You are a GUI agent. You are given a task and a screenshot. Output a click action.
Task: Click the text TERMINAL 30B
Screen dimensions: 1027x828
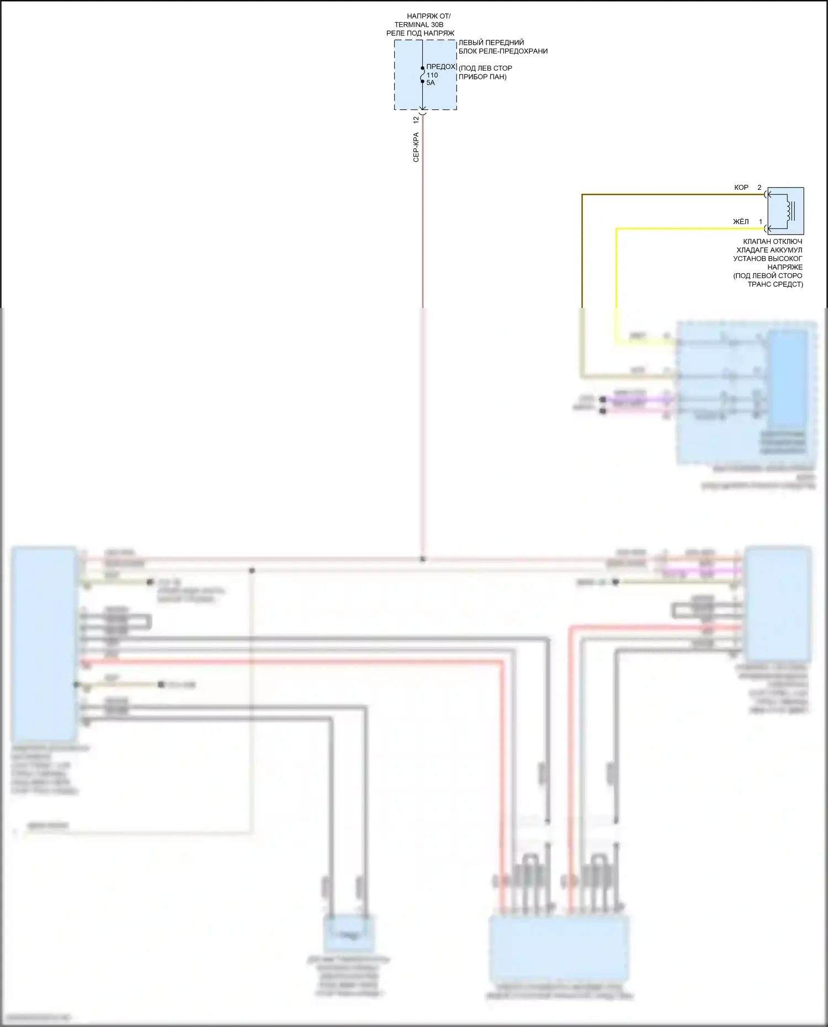tap(418, 25)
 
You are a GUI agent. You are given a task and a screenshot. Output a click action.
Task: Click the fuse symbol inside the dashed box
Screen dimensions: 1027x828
tap(422, 75)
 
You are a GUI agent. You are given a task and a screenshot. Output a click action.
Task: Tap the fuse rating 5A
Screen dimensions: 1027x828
tap(431, 83)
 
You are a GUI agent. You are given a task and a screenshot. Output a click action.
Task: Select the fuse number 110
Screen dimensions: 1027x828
tap(432, 75)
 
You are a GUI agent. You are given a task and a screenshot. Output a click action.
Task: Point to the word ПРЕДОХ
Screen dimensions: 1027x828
tap(441, 67)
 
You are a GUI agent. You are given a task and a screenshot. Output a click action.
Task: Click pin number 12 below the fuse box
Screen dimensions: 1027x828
tap(416, 119)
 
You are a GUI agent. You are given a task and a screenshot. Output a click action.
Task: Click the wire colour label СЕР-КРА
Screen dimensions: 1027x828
tap(416, 147)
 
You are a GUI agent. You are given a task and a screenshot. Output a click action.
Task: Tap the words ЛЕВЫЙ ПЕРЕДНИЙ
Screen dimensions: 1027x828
tap(491, 42)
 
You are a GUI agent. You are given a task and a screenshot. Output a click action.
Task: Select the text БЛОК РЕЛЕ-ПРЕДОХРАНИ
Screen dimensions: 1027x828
tap(503, 51)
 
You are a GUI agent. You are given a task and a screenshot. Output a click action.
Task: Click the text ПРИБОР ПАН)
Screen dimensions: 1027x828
tap(482, 77)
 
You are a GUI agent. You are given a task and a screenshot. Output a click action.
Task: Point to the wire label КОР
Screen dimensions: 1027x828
tap(741, 188)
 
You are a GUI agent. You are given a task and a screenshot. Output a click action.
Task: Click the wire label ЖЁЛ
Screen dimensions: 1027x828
tap(741, 222)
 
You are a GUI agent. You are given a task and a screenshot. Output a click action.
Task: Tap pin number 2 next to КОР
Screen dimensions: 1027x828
tap(759, 188)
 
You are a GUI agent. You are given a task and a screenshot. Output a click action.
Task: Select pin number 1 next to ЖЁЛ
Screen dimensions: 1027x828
tap(760, 222)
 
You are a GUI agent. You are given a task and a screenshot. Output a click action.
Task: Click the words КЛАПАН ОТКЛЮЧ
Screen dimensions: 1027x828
tap(772, 242)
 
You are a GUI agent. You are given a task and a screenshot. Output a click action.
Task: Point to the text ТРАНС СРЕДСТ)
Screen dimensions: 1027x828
tap(775, 284)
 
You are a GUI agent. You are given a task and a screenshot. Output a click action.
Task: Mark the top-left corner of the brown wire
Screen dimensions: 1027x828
tap(582, 195)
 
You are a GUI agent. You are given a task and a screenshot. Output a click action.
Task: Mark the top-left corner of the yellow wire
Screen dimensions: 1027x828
tap(617, 229)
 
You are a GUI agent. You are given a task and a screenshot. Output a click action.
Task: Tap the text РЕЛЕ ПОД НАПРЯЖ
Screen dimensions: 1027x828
tap(420, 33)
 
